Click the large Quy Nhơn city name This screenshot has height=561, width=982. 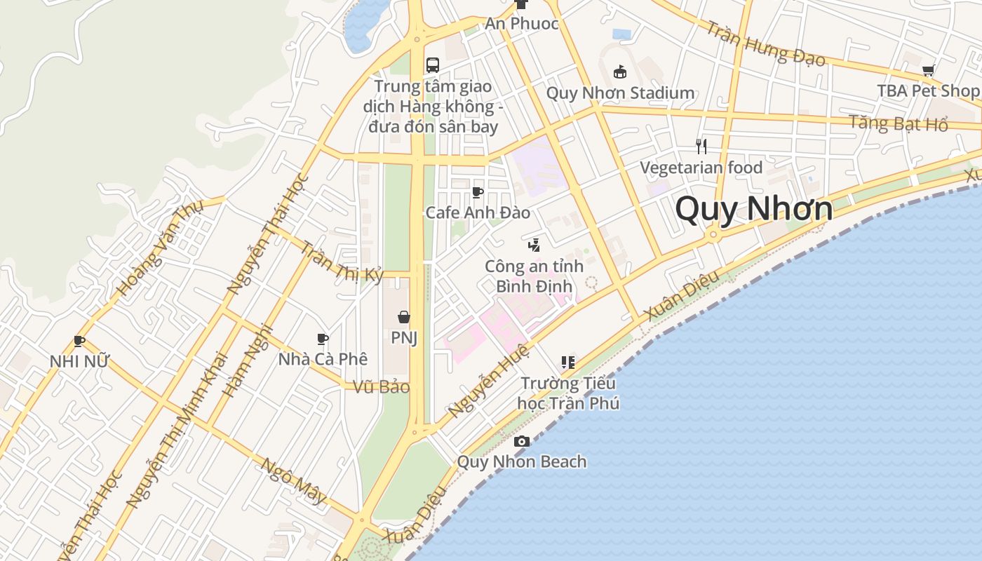[x=754, y=208]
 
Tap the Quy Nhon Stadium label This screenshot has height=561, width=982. [x=620, y=93]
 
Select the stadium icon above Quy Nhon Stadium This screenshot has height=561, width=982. [x=620, y=72]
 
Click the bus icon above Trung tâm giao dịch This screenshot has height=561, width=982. [x=433, y=65]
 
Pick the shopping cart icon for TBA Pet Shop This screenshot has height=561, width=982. [x=929, y=70]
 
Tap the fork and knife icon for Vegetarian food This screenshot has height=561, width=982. [x=701, y=146]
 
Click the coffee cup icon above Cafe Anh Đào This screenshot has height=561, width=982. [x=478, y=192]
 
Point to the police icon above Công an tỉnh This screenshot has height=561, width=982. [x=534, y=245]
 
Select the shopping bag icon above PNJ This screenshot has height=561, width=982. [x=404, y=317]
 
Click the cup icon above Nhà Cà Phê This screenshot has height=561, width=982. [x=323, y=339]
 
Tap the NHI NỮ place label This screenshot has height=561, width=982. [x=79, y=362]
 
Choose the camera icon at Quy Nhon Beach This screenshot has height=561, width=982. [x=522, y=441]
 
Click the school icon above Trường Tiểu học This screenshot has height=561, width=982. [x=568, y=363]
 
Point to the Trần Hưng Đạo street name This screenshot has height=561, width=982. [x=765, y=43]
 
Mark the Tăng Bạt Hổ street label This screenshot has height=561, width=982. [x=898, y=123]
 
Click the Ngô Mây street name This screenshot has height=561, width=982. [x=294, y=480]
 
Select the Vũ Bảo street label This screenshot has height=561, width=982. [x=381, y=387]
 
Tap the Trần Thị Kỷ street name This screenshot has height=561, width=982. [x=343, y=262]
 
